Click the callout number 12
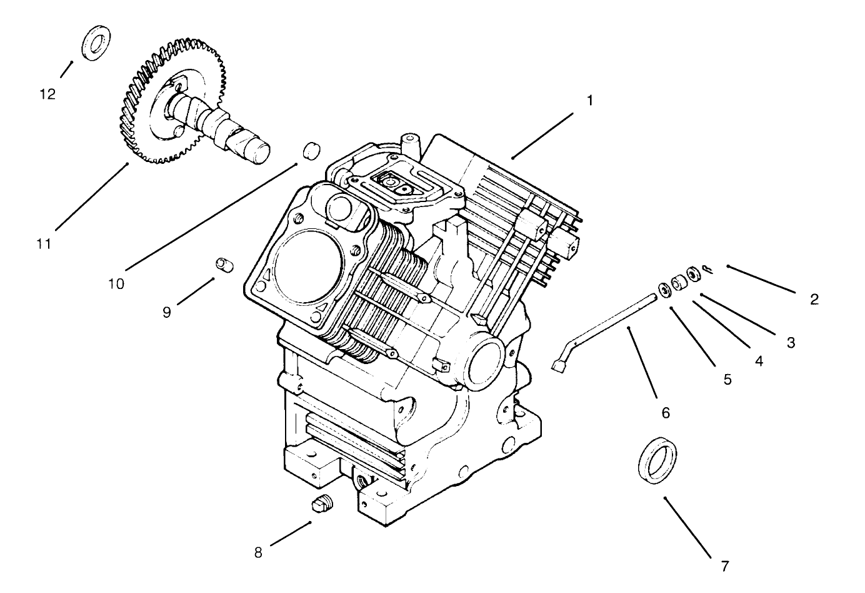47,94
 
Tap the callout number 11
43,244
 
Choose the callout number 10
116,283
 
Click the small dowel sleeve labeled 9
224,264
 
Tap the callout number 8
259,552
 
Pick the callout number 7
725,566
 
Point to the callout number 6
665,412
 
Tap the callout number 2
814,299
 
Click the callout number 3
790,342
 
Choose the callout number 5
727,379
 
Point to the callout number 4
758,361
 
